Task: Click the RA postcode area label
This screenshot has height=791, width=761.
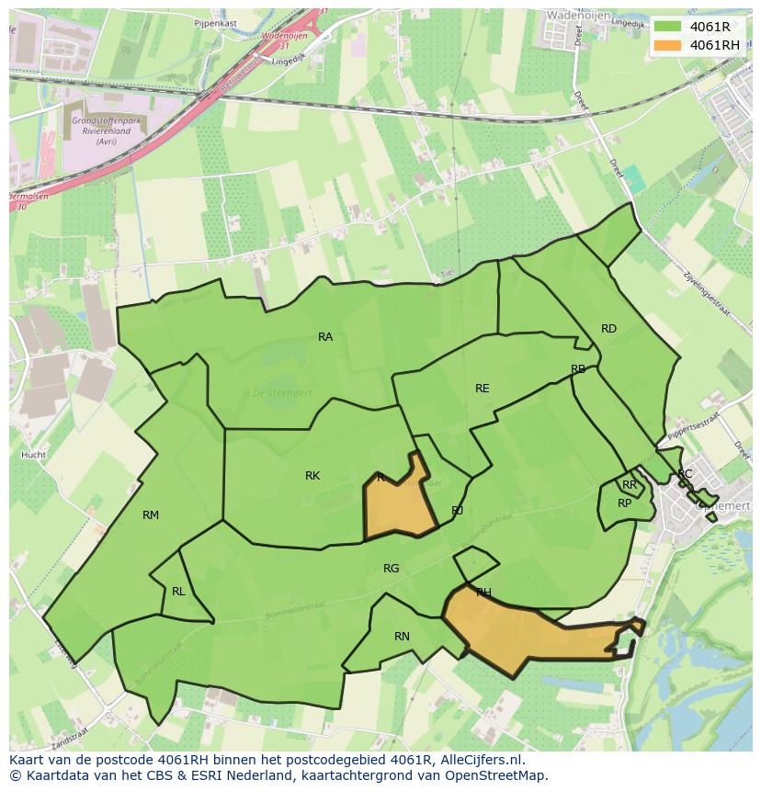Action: [325, 337]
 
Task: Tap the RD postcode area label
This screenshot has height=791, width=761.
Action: [608, 329]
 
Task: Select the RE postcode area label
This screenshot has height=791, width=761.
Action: [483, 389]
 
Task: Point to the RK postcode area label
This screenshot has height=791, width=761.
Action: [312, 476]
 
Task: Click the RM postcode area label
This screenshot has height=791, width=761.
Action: [151, 515]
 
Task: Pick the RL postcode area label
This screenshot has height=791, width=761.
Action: [178, 592]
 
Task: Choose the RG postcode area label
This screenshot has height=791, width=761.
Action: [392, 569]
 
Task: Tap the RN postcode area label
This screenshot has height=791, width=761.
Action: [402, 637]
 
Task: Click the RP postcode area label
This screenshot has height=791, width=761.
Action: [625, 503]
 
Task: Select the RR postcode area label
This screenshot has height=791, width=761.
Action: [630, 485]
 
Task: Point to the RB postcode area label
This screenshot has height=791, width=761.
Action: [578, 369]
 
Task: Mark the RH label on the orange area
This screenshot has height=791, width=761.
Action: [483, 593]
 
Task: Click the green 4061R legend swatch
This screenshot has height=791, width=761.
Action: [668, 27]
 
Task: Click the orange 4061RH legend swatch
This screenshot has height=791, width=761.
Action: [668, 45]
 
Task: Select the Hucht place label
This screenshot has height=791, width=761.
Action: [33, 455]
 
